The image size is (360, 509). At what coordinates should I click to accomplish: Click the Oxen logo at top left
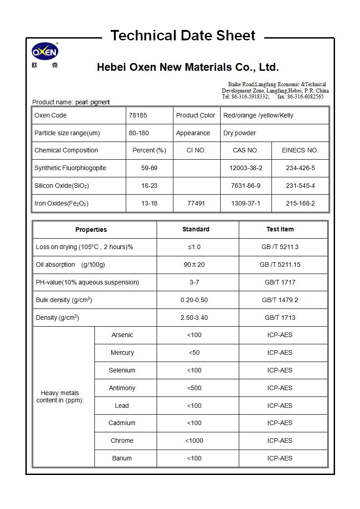pyautogui.click(x=44, y=54)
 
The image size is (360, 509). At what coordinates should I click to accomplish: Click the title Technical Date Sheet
pyautogui.click(x=183, y=35)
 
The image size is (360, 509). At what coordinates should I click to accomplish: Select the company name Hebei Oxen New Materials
pyautogui.click(x=187, y=68)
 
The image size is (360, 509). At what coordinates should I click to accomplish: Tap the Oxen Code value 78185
pyautogui.click(x=138, y=115)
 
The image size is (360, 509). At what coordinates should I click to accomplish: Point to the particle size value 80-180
pyautogui.click(x=139, y=133)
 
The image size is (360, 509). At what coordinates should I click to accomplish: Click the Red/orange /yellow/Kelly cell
pyautogui.click(x=258, y=115)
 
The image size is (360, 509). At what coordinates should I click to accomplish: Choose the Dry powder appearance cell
pyautogui.click(x=240, y=133)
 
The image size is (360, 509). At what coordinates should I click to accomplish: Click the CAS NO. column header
pyautogui.click(x=246, y=150)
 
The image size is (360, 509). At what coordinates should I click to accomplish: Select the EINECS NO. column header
pyautogui.click(x=300, y=150)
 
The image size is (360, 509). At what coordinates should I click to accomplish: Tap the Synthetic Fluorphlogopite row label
pyautogui.click(x=70, y=168)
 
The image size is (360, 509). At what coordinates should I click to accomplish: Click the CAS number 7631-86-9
pyautogui.click(x=246, y=186)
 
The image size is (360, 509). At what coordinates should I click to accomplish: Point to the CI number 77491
pyautogui.click(x=196, y=203)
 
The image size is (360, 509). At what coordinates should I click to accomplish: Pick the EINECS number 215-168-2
pyautogui.click(x=300, y=203)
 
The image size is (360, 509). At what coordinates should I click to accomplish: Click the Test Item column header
pyautogui.click(x=280, y=229)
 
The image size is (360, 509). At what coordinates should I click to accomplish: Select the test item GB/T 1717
pyautogui.click(x=280, y=282)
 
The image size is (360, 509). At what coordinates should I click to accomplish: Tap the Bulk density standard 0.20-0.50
pyautogui.click(x=194, y=300)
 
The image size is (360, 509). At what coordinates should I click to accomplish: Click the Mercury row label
pyautogui.click(x=122, y=352)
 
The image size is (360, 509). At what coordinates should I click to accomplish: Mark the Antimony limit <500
pyautogui.click(x=194, y=388)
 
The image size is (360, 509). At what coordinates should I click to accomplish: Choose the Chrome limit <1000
pyautogui.click(x=194, y=440)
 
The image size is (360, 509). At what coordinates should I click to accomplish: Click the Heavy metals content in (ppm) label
pyautogui.click(x=60, y=396)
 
